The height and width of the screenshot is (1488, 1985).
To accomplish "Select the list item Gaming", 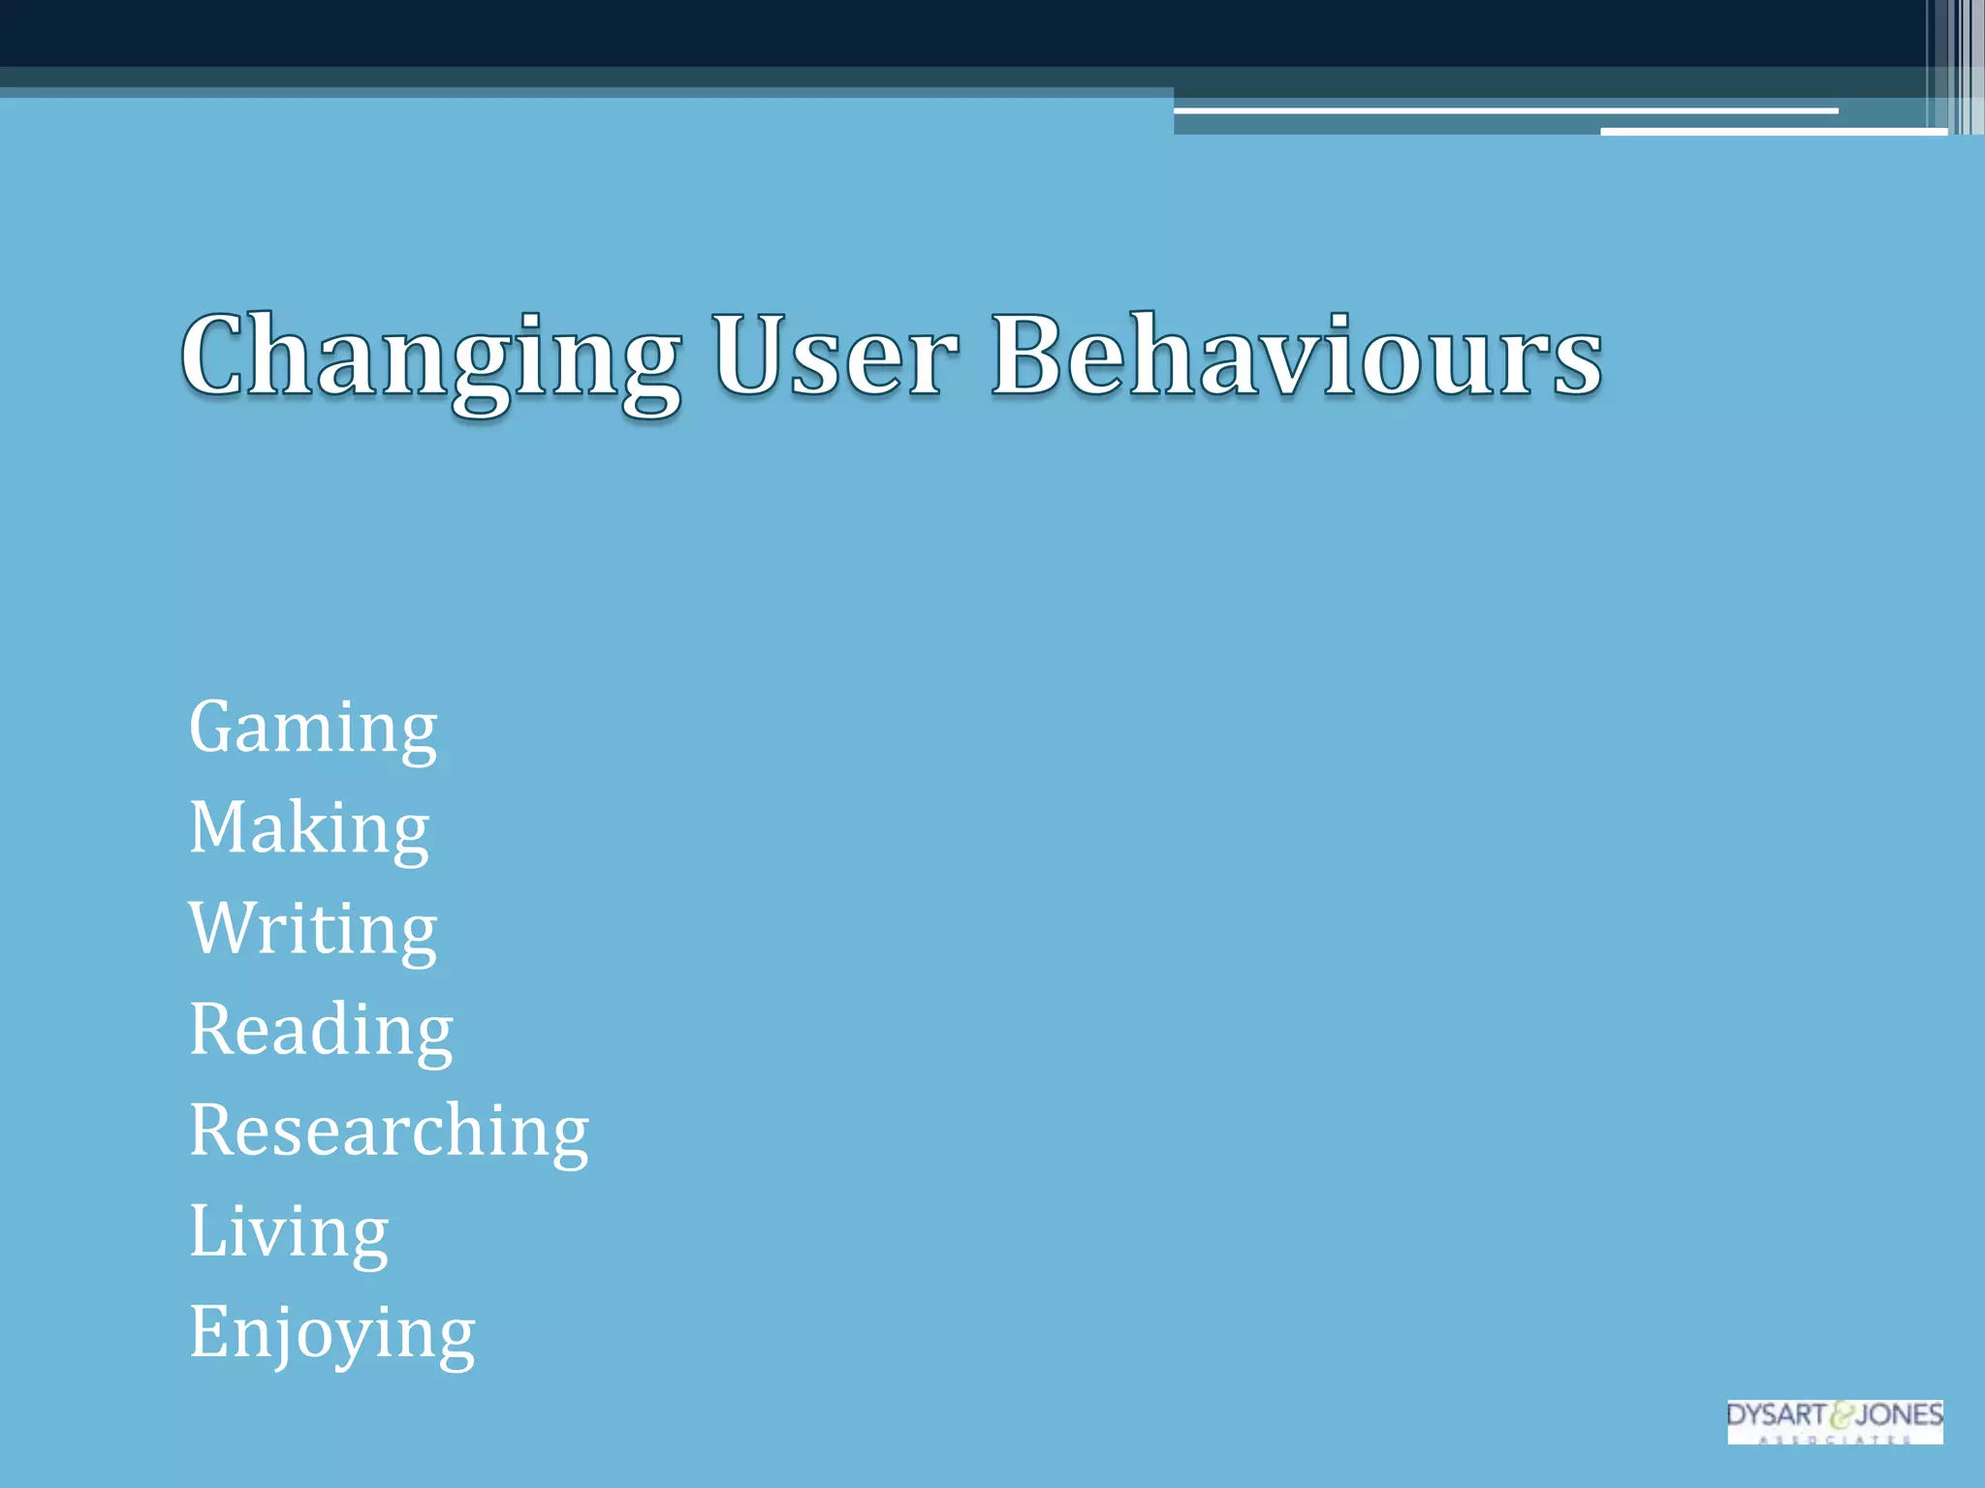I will point(313,728).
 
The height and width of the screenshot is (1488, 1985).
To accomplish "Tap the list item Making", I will point(309,829).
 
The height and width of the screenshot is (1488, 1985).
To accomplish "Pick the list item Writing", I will point(313,930).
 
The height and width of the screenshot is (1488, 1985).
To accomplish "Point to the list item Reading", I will point(321,1031).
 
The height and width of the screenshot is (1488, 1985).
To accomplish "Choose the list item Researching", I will point(389,1131).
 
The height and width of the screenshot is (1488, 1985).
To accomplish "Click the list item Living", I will point(289,1232).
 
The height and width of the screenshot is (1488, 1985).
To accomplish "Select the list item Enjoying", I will point(332,1334).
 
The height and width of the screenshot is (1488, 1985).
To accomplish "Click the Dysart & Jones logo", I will point(1835,1421).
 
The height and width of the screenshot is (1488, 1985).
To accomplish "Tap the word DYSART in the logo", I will point(1776,1414).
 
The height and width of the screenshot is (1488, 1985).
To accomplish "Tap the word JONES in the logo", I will point(1899,1414).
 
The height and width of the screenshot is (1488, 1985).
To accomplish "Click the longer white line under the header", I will point(1505,111).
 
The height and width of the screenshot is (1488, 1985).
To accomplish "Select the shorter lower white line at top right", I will point(1774,131).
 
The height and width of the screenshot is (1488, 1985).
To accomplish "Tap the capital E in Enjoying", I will point(208,1330).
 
